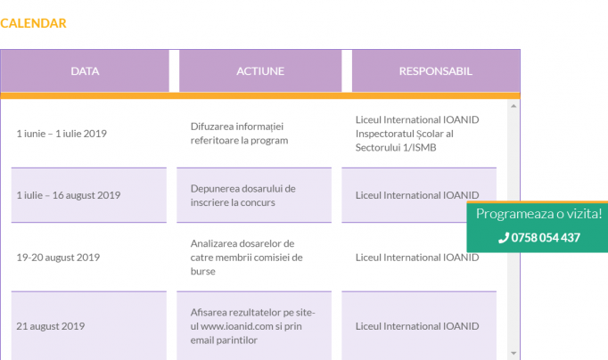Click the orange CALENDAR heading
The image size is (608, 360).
click(33, 23)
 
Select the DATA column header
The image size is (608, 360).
click(85, 71)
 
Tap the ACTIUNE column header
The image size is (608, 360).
click(260, 71)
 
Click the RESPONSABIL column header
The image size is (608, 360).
click(435, 71)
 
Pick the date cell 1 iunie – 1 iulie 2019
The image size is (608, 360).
click(62, 134)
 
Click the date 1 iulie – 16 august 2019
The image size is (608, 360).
click(69, 195)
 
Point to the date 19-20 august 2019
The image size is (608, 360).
click(58, 258)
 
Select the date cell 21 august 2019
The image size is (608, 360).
click(51, 326)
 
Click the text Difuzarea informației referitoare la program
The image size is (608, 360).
click(239, 134)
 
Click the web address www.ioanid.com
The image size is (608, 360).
click(237, 326)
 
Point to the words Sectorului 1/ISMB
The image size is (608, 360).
click(396, 148)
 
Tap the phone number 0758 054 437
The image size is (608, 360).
click(546, 238)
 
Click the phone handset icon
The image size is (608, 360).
click(504, 238)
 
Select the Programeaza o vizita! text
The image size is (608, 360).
click(539, 214)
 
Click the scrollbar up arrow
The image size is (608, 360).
click(514, 106)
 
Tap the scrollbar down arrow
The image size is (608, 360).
click(514, 353)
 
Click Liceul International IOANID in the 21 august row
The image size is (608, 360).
click(417, 326)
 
